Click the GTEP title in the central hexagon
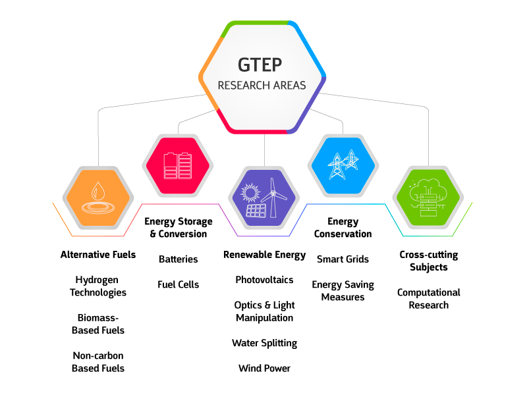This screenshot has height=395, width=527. tap(260, 65)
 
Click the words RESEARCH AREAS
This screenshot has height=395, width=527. tap(262, 86)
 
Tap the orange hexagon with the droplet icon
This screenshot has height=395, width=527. tap(98, 198)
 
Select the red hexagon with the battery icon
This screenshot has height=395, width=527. tap(178, 166)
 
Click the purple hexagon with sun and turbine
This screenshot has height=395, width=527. tap(264, 198)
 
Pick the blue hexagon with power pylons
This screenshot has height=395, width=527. tap(343, 166)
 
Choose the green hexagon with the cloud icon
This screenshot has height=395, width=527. tap(429, 197)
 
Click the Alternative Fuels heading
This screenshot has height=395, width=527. tap(98, 255)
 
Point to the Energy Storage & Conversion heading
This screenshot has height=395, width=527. tap(179, 227)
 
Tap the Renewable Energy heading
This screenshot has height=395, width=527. tap(265, 255)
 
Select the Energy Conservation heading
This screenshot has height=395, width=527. tap(343, 227)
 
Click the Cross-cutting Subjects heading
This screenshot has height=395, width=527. tap(429, 261)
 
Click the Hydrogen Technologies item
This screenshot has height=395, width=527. tap(98, 286)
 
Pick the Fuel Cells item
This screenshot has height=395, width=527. tap(178, 284)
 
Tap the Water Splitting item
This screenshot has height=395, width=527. tap(265, 343)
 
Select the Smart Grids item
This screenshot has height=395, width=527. tap(343, 259)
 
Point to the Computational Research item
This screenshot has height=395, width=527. tap(429, 299)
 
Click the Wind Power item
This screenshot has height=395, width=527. tap(265, 368)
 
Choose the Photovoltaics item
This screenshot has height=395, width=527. tap(265, 280)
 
